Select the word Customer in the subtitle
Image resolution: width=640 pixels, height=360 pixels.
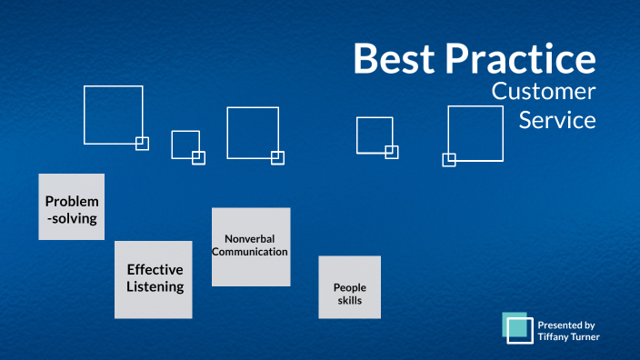[x=544, y=91]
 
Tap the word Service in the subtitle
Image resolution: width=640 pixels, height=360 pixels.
[x=557, y=119]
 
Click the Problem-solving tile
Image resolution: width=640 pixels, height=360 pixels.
[x=71, y=207]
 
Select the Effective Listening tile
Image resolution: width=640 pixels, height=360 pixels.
[x=154, y=279]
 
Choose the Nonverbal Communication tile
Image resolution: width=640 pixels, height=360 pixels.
[x=251, y=246]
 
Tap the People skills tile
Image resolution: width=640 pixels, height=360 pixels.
[x=349, y=287]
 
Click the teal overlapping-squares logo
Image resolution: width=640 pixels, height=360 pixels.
[x=518, y=328]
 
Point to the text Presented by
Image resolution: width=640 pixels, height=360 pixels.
[x=565, y=324]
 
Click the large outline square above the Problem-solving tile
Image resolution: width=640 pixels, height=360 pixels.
[x=113, y=115]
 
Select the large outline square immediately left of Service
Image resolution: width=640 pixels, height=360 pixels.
[x=475, y=134]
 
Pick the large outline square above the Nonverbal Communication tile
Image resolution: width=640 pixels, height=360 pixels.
[x=252, y=133]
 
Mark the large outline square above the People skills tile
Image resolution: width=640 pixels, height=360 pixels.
[x=374, y=135]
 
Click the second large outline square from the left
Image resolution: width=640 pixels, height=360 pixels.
[x=185, y=145]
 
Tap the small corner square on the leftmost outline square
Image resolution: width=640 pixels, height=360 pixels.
[x=142, y=143]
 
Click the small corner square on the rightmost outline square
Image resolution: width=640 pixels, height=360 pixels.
[x=448, y=160]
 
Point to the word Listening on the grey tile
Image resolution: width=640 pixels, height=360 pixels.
[x=155, y=287]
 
